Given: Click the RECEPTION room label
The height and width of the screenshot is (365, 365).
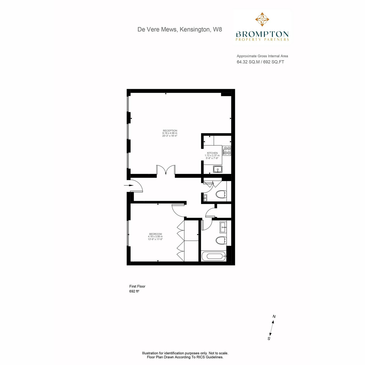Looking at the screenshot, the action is pos(170,130).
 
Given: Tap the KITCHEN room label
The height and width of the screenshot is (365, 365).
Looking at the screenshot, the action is pos(212,153).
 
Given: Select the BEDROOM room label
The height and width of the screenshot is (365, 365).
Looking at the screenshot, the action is pos(155,234).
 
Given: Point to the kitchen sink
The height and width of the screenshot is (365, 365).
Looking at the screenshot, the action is pos(218,169).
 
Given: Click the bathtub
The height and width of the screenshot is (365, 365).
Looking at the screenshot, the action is pos(214,256).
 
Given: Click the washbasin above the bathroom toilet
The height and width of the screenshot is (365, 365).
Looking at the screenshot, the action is pos(223,227).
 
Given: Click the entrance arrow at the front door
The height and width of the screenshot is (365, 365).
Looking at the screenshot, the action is pos(129,185).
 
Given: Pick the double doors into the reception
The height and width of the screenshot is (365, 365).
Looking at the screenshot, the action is pos(165,170).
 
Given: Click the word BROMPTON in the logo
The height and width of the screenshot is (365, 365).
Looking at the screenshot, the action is pos(262,34).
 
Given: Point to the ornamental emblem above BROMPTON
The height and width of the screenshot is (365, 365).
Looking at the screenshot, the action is pos(262,19).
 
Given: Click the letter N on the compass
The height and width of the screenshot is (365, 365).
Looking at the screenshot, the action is pos(274,316).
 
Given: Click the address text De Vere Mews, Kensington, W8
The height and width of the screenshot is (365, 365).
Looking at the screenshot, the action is pos(179,30).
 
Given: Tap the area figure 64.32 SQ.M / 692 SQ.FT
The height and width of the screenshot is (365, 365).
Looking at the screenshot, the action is pos(260,62).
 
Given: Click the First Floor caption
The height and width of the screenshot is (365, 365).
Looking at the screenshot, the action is pos(137,287).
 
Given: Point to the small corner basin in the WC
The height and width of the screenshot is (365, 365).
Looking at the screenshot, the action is pos(205,198).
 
